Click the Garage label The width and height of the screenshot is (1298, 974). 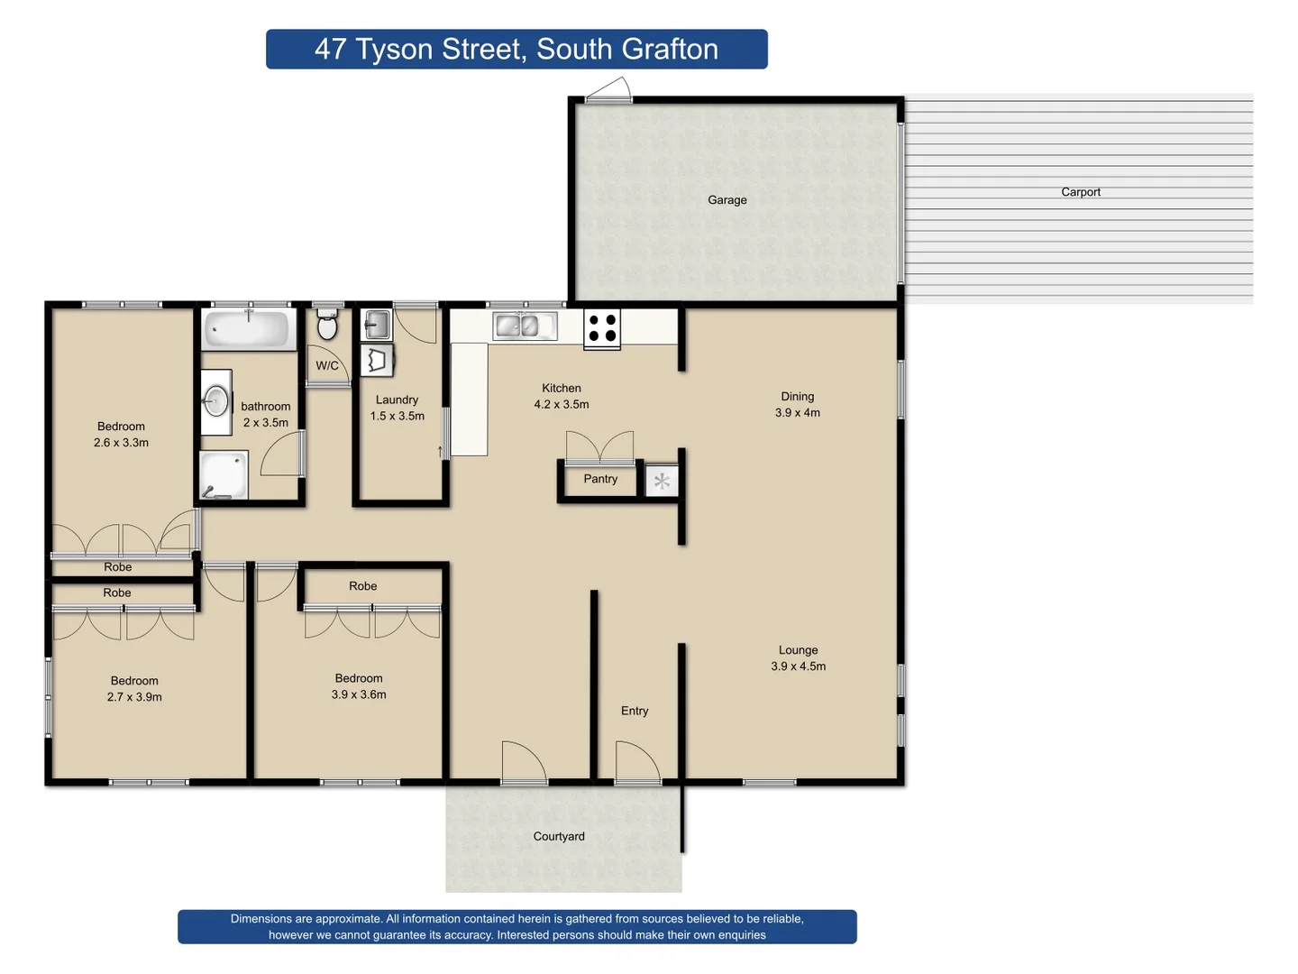pyautogui.click(x=727, y=200)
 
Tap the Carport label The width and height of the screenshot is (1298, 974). pyautogui.click(x=1080, y=192)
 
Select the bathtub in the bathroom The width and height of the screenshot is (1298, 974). pyautogui.click(x=248, y=329)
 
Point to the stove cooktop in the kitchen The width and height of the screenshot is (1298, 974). pyautogui.click(x=601, y=328)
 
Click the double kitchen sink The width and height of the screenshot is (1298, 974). pyautogui.click(x=525, y=326)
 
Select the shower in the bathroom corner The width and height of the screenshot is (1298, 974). pyautogui.click(x=223, y=475)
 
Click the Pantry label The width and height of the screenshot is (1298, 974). pyautogui.click(x=600, y=479)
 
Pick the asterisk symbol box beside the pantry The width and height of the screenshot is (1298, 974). pyautogui.click(x=662, y=482)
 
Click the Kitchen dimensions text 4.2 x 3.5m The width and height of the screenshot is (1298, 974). pyautogui.click(x=561, y=405)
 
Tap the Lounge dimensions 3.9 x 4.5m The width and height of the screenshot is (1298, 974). pyautogui.click(x=798, y=666)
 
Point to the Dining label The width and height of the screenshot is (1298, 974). pyautogui.click(x=797, y=397)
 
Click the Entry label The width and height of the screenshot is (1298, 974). pyautogui.click(x=635, y=711)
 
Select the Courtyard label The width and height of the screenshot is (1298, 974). pyautogui.click(x=559, y=836)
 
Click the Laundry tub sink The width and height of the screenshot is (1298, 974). pyautogui.click(x=376, y=324)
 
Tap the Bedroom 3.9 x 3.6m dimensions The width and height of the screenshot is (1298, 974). pyautogui.click(x=359, y=694)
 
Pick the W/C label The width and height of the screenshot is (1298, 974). pyautogui.click(x=327, y=365)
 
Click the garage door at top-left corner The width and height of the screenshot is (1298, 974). pyautogui.click(x=608, y=90)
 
